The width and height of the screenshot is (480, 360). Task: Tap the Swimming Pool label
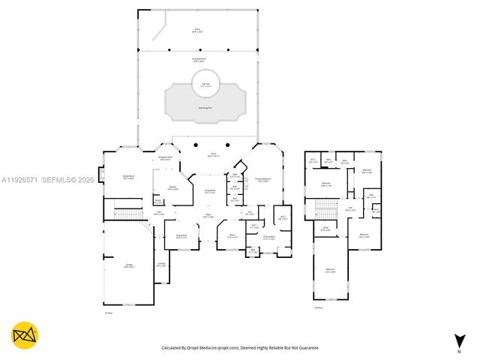click(x=205, y=108)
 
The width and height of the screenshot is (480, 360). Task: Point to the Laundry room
click(x=161, y=264)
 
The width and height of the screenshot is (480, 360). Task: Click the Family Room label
click(x=128, y=177)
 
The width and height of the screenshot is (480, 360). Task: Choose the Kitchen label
click(x=172, y=188)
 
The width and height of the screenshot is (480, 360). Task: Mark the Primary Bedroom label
click(x=262, y=180)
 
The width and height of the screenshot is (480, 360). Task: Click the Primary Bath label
click(x=268, y=239)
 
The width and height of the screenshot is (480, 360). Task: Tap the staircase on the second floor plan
click(x=326, y=207)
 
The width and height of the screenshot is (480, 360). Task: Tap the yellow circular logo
click(x=25, y=335)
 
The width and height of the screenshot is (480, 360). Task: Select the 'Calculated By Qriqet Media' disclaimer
click(x=240, y=348)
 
